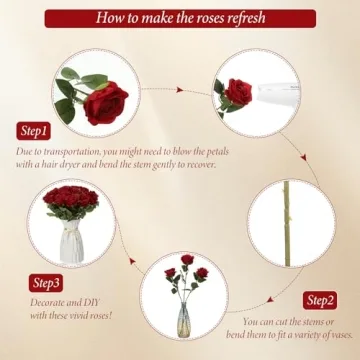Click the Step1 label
[x=33, y=131]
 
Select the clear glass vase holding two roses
[x=185, y=320]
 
